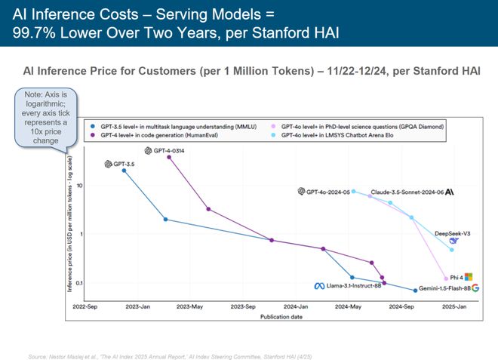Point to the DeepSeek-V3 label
453,234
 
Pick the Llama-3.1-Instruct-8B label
348,286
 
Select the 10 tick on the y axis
78,186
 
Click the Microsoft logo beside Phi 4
467,277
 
